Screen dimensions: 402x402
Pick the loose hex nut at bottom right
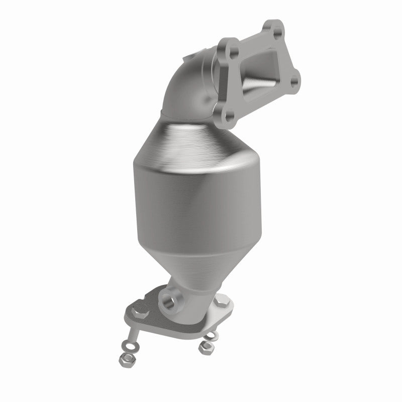pos(205,347)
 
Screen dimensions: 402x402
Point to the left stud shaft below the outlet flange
pos(132,332)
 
